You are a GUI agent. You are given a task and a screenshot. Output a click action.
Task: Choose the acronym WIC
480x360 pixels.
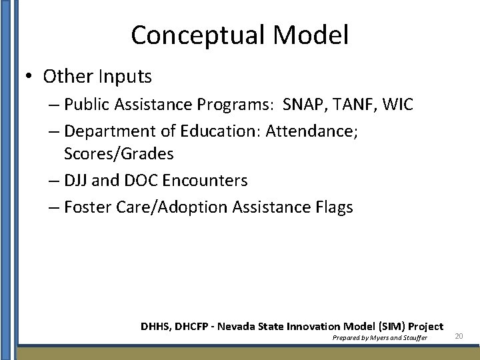pyautogui.click(x=399, y=105)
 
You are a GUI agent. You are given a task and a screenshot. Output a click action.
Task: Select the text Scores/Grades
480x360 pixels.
pyautogui.click(x=119, y=154)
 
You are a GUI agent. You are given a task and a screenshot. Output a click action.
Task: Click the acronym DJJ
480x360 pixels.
pyautogui.click(x=77, y=181)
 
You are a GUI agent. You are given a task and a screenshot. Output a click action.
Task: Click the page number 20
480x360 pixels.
pyautogui.click(x=459, y=337)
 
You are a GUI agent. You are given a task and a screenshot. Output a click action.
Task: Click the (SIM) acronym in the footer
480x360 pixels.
pyautogui.click(x=387, y=327)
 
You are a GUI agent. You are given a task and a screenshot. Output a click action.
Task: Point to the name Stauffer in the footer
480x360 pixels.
pyautogui.click(x=413, y=338)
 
